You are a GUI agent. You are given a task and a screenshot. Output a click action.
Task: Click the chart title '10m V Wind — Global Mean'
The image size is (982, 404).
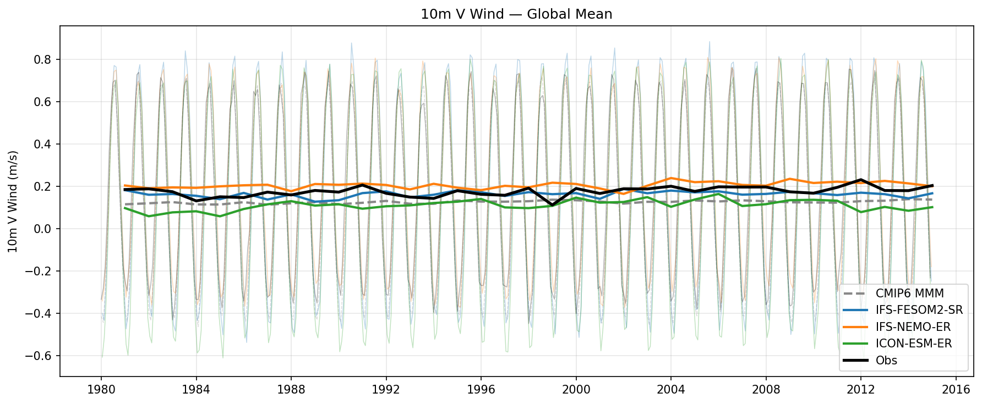pos(516,14)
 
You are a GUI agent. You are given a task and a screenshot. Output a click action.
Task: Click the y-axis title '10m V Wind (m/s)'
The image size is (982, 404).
pos(13,202)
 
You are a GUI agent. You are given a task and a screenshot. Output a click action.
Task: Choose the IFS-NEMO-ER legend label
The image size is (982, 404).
pos(913,327)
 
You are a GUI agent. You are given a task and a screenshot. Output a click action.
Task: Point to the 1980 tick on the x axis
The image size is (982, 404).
pos(101,390)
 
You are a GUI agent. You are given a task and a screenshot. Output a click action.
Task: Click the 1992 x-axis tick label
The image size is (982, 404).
pos(386,390)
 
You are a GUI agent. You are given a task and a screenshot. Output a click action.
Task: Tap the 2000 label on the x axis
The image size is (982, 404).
pos(576,390)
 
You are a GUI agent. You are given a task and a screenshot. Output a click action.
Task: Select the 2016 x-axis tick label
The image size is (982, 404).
pos(956,390)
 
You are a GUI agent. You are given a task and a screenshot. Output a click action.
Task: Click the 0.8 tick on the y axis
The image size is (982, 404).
pos(44,59)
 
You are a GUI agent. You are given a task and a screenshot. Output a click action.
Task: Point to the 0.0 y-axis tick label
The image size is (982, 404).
pos(44,229)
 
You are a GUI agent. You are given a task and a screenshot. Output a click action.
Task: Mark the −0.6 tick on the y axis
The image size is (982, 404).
pos(41,356)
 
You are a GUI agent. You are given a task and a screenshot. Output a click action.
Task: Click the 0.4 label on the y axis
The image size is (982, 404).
pos(44,144)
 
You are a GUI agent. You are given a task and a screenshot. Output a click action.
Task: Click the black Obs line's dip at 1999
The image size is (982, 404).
pos(552,205)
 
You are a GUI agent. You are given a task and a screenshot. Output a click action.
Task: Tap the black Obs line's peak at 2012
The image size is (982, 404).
pos(860,180)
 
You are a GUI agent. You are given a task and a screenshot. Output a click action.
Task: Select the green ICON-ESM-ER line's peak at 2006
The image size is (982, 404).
pos(718,193)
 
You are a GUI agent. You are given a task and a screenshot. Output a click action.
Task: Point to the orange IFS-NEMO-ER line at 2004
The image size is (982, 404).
pos(671,178)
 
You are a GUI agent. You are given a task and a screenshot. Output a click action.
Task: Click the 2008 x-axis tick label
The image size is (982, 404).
pos(766,390)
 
